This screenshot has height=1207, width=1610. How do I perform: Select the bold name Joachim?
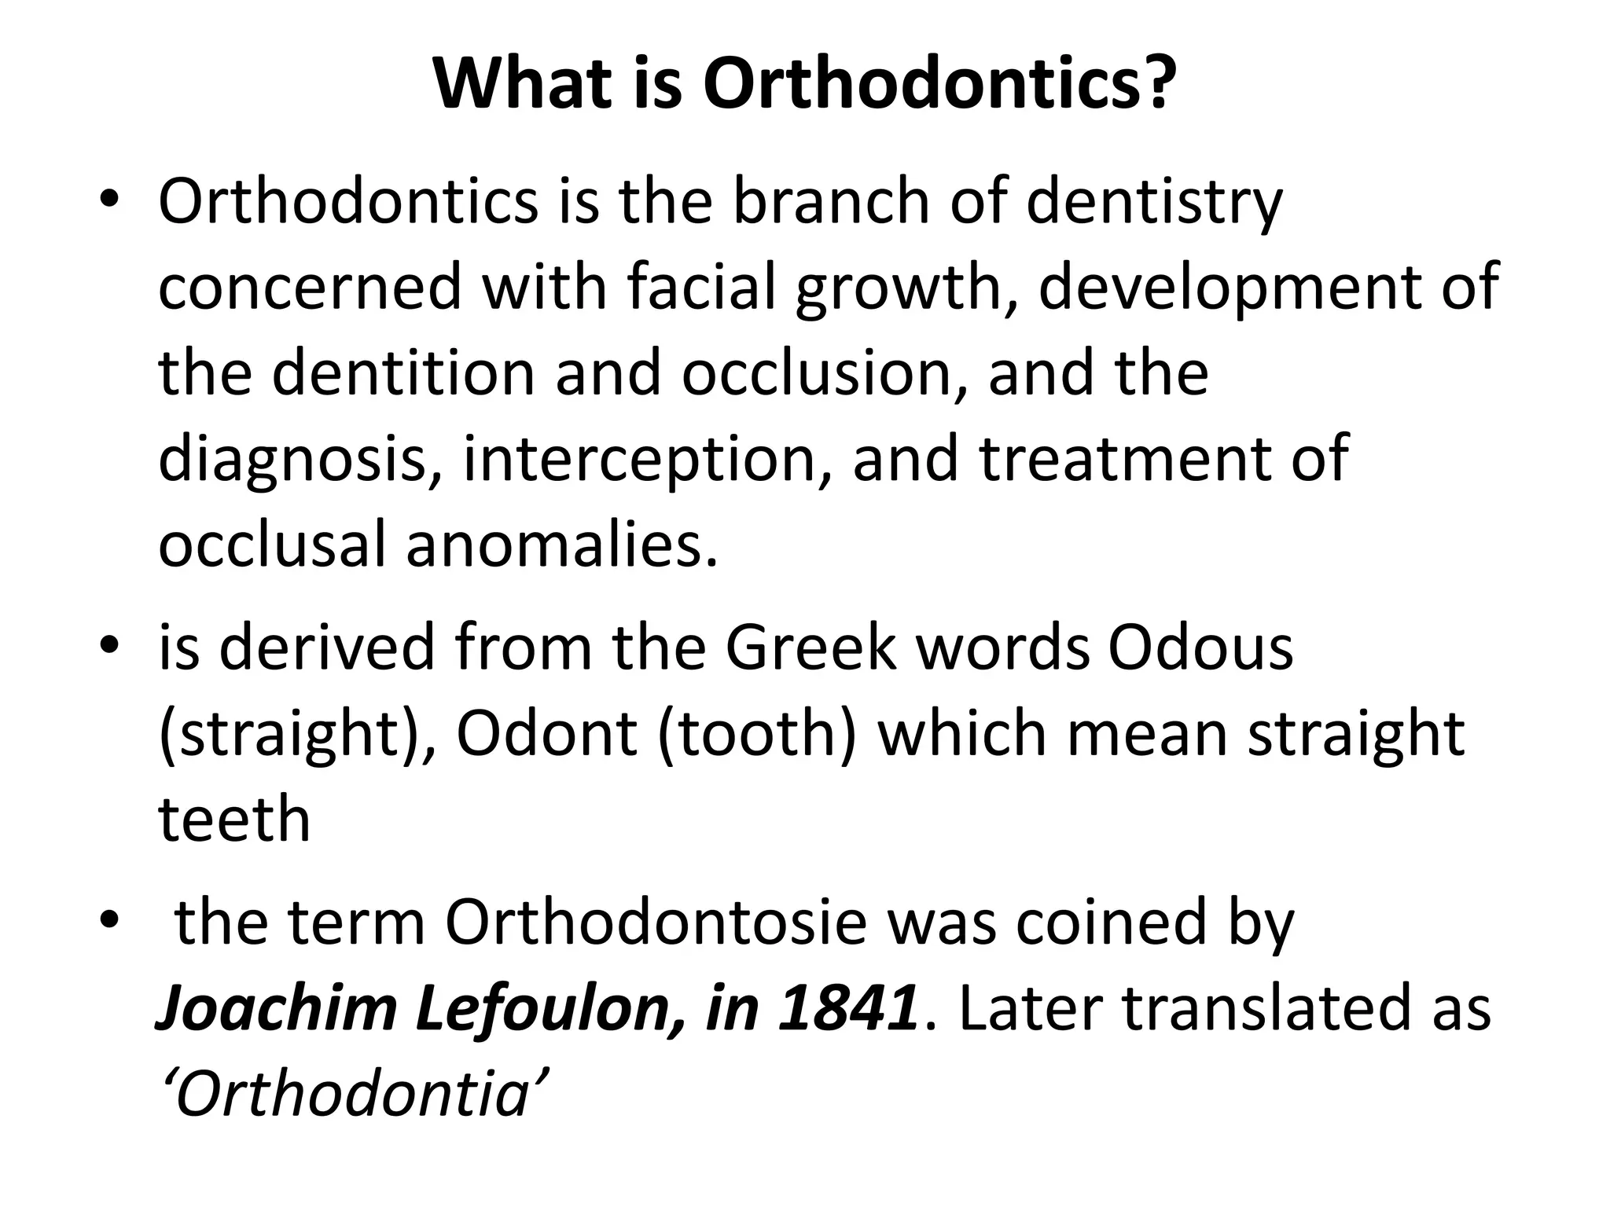[x=278, y=1009]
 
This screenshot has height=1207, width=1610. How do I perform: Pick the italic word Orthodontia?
[x=351, y=1094]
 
